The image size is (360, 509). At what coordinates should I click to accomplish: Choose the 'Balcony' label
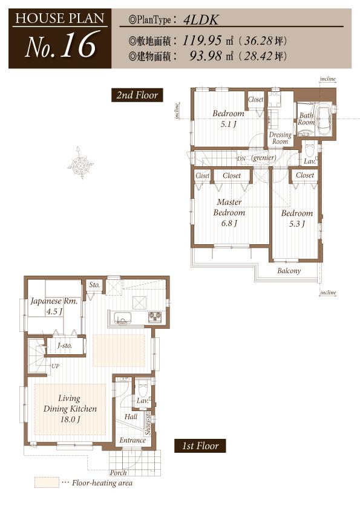click(x=289, y=271)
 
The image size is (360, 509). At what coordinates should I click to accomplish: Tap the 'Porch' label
click(x=118, y=472)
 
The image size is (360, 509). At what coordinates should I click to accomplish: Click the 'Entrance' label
click(x=132, y=440)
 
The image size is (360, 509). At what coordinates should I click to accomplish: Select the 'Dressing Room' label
click(x=280, y=138)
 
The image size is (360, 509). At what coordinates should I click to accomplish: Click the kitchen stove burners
click(x=154, y=316)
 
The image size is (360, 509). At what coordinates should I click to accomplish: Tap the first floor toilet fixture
click(x=143, y=386)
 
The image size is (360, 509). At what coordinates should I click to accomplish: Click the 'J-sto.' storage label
click(x=64, y=346)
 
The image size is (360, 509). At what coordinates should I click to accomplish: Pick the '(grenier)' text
click(x=264, y=158)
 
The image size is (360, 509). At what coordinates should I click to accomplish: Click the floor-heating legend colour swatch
click(x=45, y=483)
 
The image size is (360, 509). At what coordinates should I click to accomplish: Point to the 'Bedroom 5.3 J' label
click(x=296, y=218)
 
